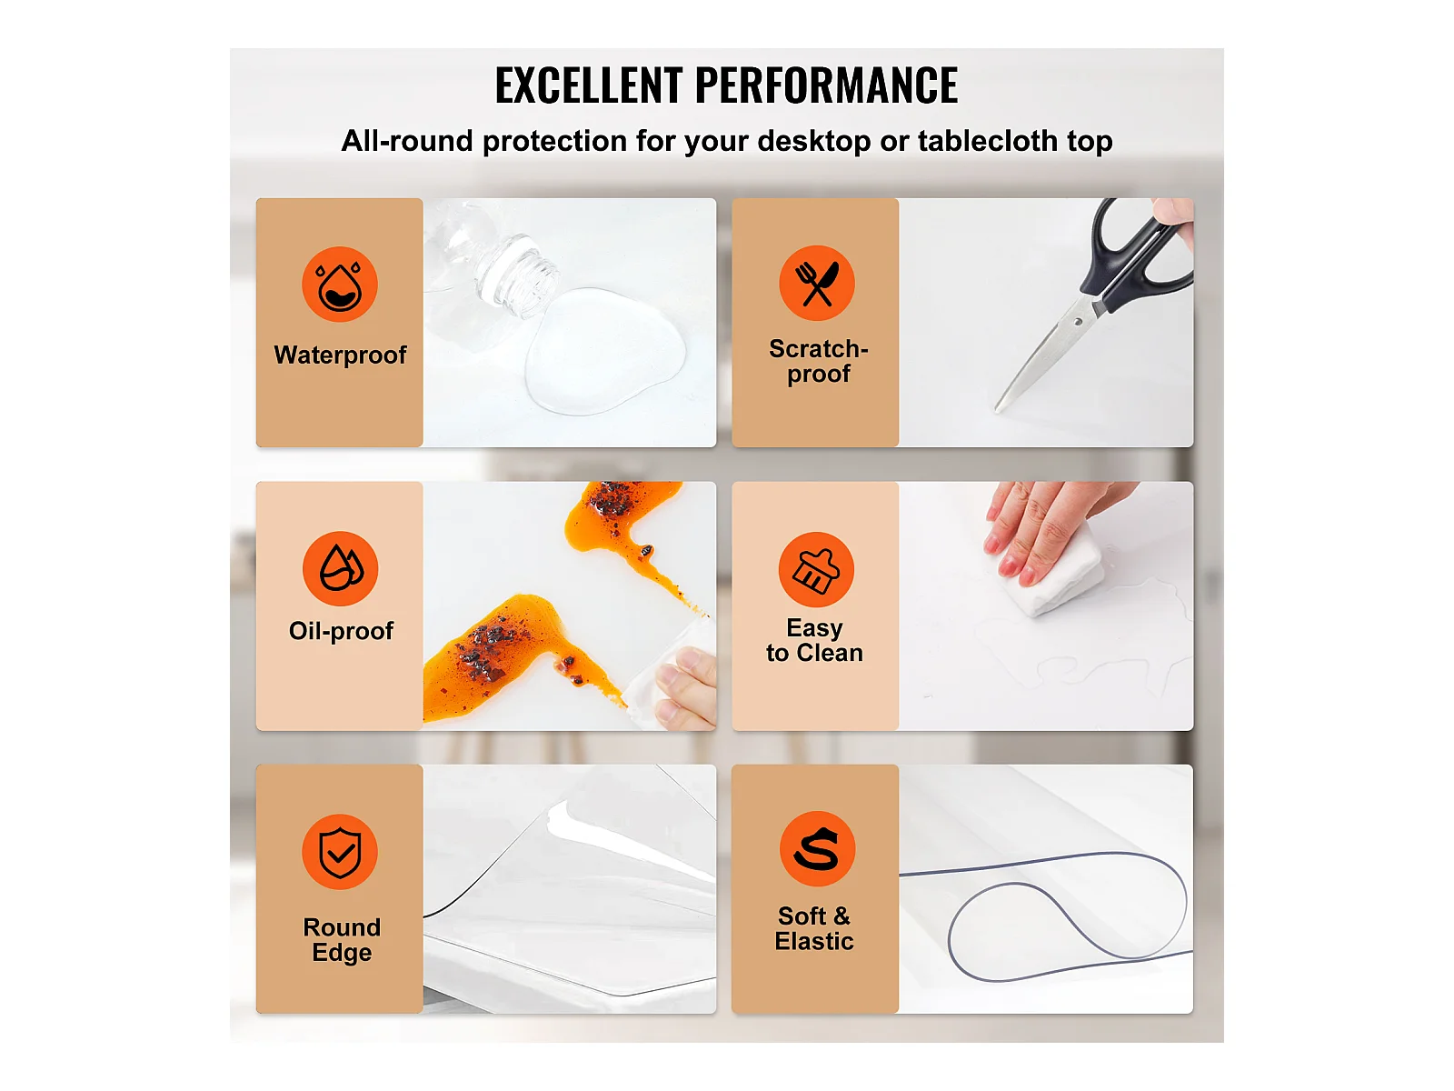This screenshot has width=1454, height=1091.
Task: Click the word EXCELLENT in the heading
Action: (589, 85)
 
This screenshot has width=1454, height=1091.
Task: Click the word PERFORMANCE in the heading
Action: (826, 85)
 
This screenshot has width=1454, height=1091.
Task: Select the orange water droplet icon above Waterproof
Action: (340, 285)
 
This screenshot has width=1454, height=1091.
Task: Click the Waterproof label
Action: (340, 355)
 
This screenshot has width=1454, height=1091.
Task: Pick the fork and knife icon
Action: (817, 283)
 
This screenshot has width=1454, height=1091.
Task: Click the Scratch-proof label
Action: (819, 361)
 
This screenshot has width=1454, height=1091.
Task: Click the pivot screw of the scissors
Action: (1079, 323)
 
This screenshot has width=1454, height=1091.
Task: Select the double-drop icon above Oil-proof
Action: (341, 568)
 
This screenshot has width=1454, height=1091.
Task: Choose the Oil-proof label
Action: (341, 631)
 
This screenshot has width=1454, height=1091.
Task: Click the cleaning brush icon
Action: (816, 569)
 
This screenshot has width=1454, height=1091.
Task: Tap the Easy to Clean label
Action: (815, 640)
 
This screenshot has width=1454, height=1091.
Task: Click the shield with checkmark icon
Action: (340, 852)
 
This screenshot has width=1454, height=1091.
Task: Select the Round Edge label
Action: (342, 939)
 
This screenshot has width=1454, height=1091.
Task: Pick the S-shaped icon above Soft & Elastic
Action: (817, 848)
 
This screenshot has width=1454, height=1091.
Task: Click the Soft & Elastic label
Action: (815, 928)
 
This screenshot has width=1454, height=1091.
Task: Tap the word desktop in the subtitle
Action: (814, 140)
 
